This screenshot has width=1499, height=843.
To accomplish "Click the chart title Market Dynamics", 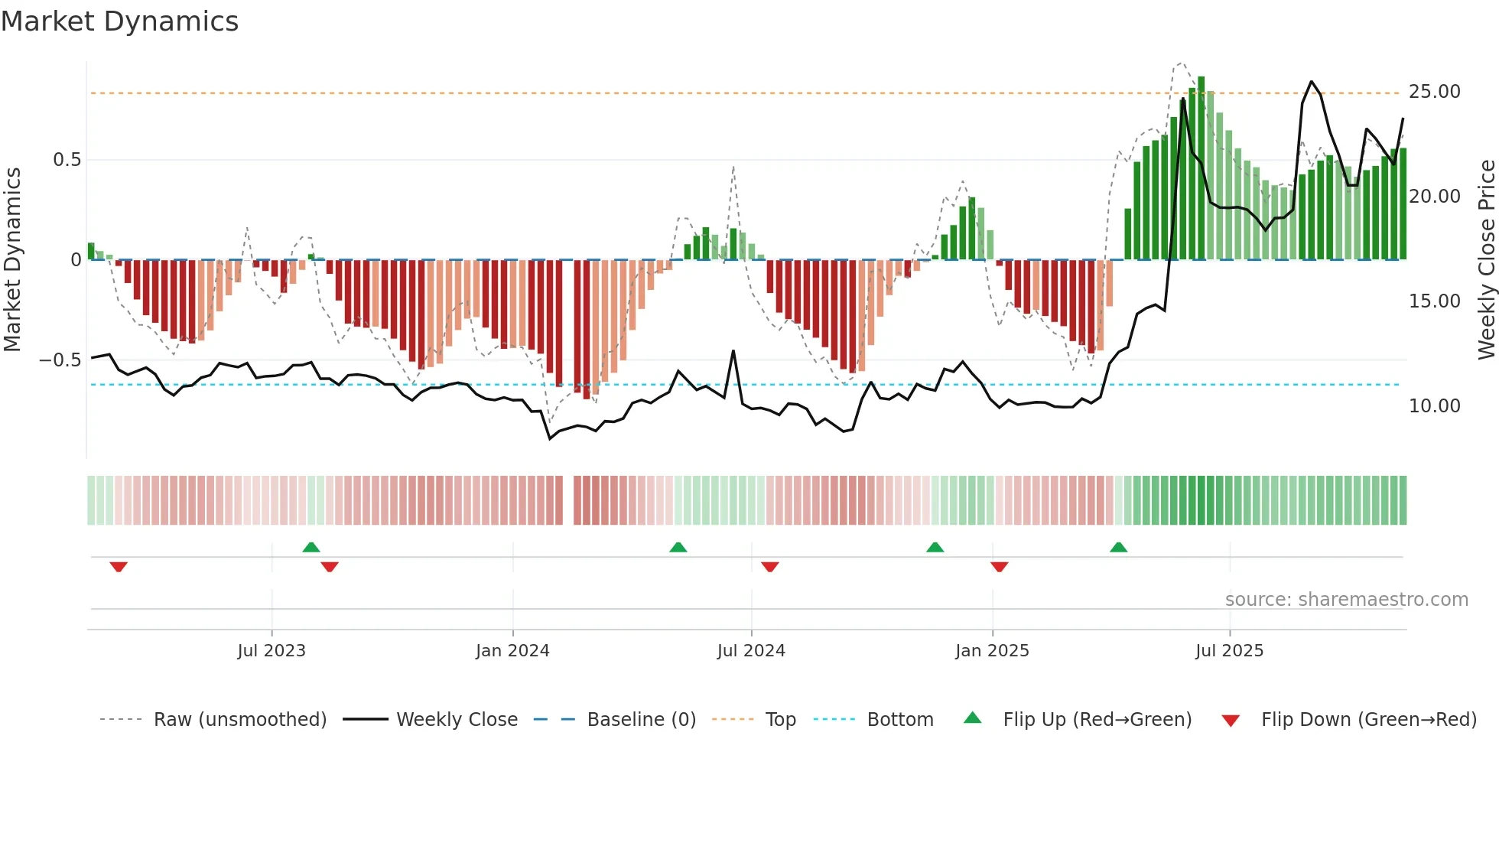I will coord(120,21).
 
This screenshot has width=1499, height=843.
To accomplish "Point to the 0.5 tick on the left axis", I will coord(67,160).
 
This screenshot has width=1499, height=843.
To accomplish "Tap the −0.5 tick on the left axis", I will coord(60,360).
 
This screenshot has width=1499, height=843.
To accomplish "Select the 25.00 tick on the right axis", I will coord(1434,92).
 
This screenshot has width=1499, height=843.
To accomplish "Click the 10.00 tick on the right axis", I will coord(1434,406).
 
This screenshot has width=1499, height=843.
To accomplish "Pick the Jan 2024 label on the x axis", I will coord(512,651).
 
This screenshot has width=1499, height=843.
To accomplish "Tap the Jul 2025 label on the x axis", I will coord(1229,651).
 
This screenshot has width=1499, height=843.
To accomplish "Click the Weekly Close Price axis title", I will coord(1486,260).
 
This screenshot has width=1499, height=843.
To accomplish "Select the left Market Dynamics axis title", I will coord(12,260).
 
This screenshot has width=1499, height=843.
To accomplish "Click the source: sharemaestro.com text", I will coord(1346,600).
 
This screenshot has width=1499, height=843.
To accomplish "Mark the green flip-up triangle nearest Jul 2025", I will coord(1118,548).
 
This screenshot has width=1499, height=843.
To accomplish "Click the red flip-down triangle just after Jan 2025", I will coord(999,567).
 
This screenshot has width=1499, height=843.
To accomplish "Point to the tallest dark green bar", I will coord(1201,168).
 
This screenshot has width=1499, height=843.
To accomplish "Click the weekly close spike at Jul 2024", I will coord(733,351).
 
